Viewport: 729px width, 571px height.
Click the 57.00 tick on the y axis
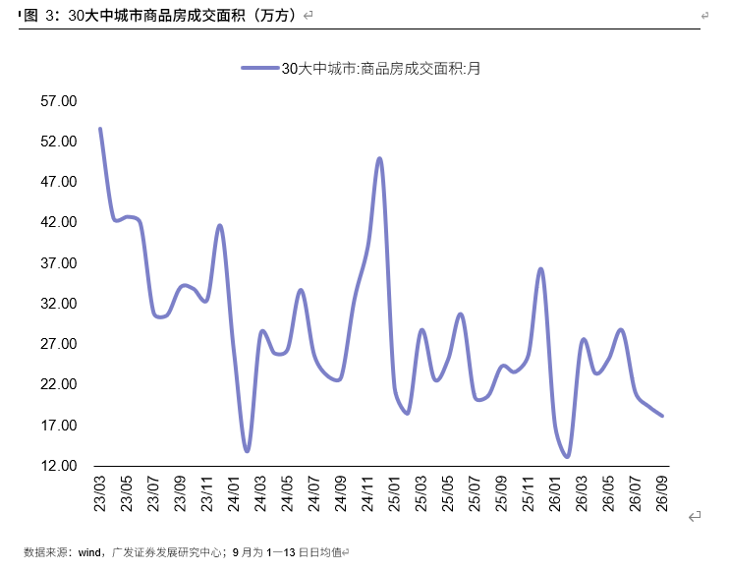click(59, 101)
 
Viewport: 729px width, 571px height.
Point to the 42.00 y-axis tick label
click(59, 222)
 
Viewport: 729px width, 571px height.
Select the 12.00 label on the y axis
click(59, 466)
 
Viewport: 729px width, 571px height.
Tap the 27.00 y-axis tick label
click(59, 344)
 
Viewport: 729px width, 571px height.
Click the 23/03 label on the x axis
click(100, 493)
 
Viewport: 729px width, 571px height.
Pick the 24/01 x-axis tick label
click(234, 493)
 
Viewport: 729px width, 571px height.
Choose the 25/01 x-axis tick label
click(395, 493)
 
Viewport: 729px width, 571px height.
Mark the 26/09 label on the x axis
click(662, 493)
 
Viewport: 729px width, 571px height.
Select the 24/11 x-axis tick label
click(367, 493)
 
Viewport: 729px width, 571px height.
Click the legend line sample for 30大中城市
click(260, 69)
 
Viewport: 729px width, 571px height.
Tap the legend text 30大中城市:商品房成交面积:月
click(381, 69)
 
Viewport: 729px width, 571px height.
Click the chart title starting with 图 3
click(159, 16)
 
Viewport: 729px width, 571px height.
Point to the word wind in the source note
click(89, 552)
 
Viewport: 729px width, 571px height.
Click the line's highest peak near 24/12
click(380, 158)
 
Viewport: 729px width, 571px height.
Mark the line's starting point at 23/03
click(100, 129)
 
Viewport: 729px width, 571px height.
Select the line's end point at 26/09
click(662, 416)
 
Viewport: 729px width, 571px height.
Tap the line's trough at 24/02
click(247, 450)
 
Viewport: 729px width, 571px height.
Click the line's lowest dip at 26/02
click(567, 457)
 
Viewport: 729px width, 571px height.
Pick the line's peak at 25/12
click(540, 268)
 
